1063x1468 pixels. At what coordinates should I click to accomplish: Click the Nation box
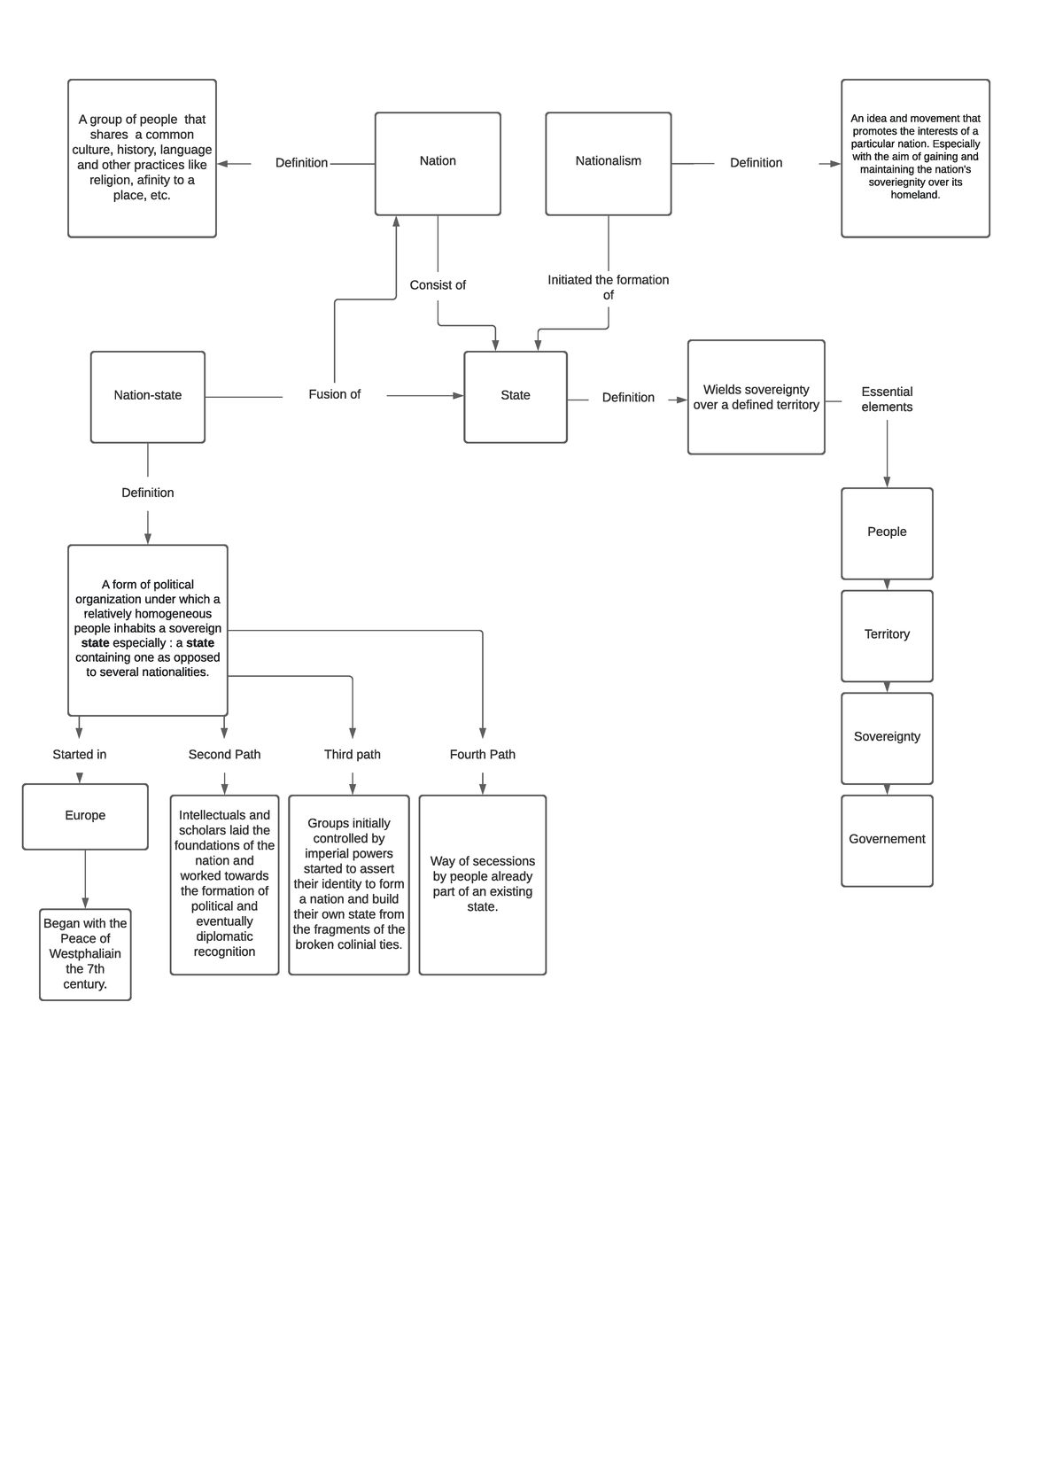(438, 163)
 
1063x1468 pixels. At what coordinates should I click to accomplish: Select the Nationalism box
(608, 163)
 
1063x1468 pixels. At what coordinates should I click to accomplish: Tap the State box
(515, 396)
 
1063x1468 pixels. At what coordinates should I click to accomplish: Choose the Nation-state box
(147, 396)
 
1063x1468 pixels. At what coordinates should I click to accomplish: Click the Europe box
(85, 816)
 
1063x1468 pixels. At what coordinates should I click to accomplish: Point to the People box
(887, 532)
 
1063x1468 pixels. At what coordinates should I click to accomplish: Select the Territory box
(887, 635)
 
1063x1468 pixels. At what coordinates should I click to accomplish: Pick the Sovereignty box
(887, 737)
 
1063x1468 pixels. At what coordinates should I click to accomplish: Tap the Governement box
(887, 840)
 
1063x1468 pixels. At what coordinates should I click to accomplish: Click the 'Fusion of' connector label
(334, 394)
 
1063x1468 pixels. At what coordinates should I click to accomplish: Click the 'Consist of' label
(438, 285)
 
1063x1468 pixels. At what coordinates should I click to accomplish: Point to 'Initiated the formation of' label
(608, 287)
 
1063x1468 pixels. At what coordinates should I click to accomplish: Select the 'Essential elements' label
(887, 400)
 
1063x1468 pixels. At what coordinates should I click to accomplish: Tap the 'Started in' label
(79, 755)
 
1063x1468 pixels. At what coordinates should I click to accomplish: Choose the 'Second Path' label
(224, 755)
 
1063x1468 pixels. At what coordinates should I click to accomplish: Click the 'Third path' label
(352, 755)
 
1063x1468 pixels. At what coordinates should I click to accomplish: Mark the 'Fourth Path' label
(482, 755)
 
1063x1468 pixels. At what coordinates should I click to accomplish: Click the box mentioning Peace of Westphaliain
(85, 954)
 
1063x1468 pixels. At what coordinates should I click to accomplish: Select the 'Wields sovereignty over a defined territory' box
(756, 397)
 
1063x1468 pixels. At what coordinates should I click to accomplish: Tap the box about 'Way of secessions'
(482, 884)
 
